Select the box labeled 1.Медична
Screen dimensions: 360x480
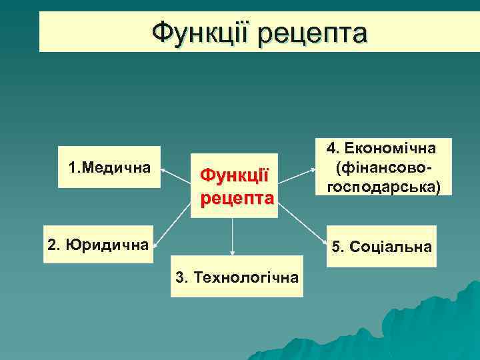pyautogui.click(x=109, y=167)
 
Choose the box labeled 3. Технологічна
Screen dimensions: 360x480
pyautogui.click(x=236, y=276)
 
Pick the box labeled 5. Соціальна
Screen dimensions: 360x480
pyautogui.click(x=381, y=247)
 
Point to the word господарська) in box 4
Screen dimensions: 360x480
pyautogui.click(x=383, y=187)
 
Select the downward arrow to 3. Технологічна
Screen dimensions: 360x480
pyautogui.click(x=232, y=237)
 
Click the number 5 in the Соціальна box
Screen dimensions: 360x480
pyautogui.click(x=336, y=247)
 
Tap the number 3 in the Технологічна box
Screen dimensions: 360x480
pyautogui.click(x=179, y=277)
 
